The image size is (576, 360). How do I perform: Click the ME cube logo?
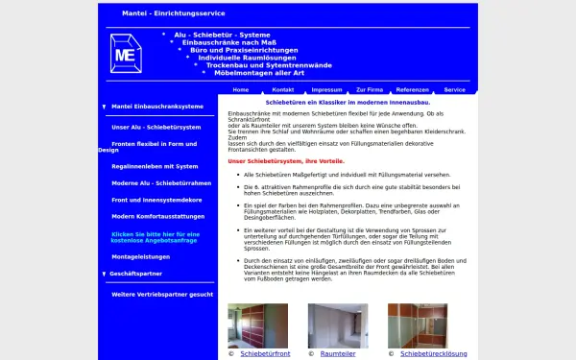pos(125,55)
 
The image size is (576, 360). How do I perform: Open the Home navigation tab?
pos(241,89)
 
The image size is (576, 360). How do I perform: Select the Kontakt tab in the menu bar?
pos(284,89)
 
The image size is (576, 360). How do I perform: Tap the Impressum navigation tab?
pos(326,89)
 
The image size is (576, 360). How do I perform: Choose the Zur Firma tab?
pos(369,89)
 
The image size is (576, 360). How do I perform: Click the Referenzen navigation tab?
pos(412,89)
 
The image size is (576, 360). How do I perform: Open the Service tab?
pos(454,89)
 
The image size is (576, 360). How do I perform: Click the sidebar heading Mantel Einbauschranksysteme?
pos(157,107)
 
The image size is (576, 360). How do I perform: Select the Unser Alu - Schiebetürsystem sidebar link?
pos(156,127)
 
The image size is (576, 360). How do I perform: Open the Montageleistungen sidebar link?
pos(142,256)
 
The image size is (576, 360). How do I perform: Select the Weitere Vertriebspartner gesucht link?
pos(162,294)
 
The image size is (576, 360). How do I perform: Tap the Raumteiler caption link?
pos(338,354)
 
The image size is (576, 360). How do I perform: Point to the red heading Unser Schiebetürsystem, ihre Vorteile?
pos(287,160)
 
